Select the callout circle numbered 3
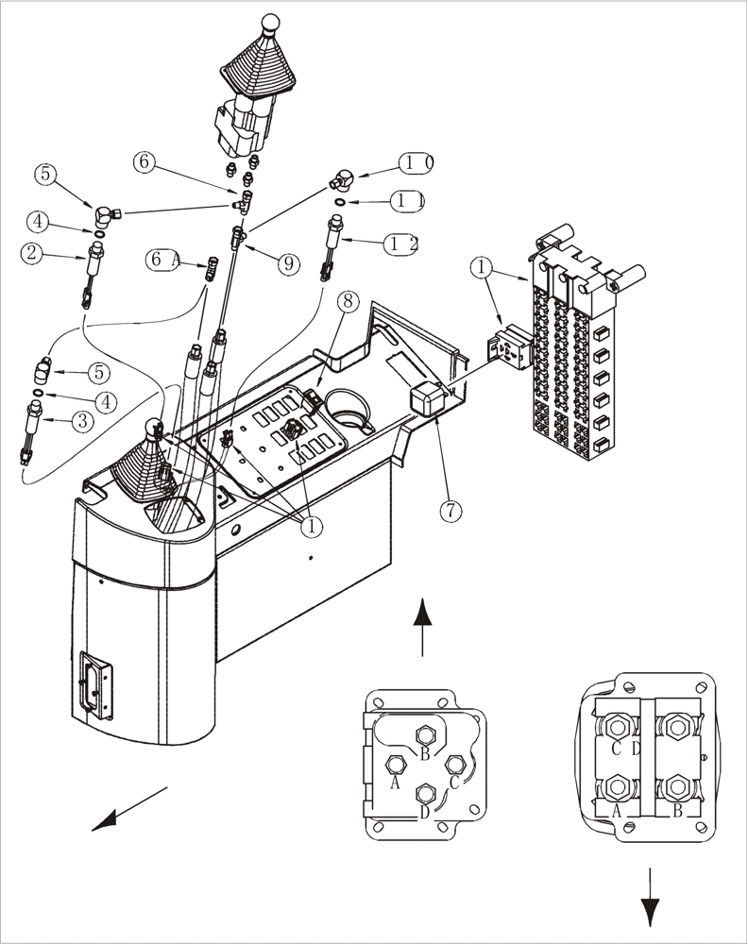point(81,422)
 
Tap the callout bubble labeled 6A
point(164,259)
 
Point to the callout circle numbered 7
point(450,511)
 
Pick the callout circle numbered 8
point(348,302)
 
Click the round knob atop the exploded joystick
point(270,22)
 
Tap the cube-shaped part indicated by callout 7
point(426,399)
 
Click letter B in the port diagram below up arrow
point(425,753)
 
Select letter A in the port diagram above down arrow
point(616,809)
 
